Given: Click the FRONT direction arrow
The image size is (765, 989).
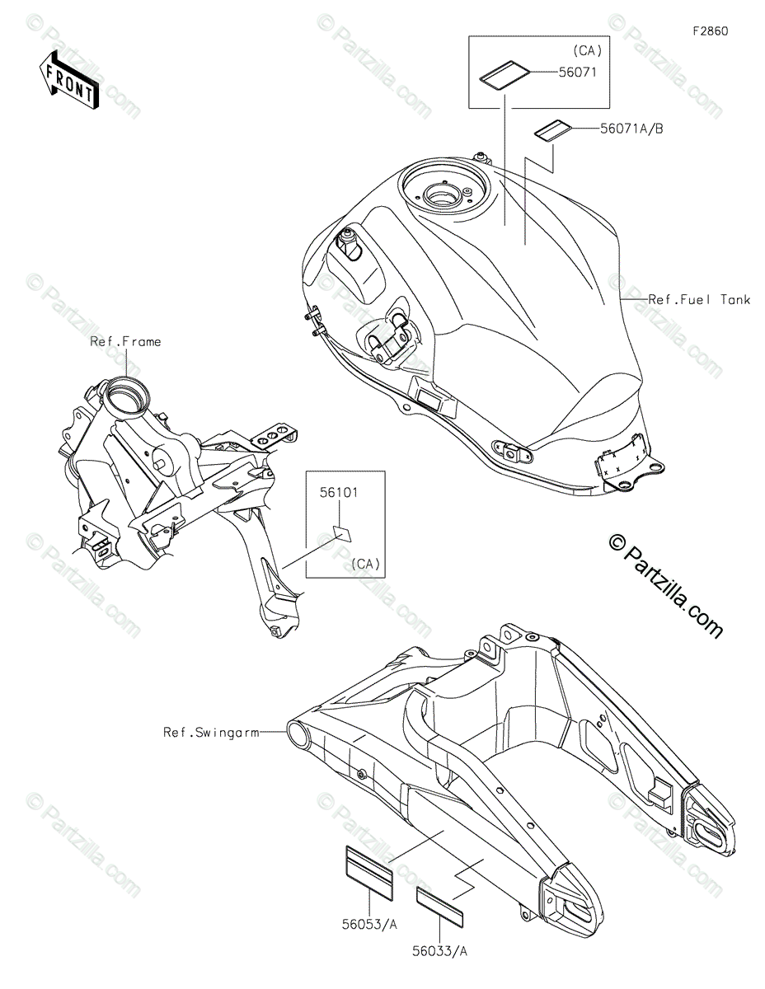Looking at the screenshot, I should tap(68, 78).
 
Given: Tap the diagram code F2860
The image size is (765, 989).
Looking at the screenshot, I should tap(710, 31).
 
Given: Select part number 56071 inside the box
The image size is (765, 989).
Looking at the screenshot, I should tap(576, 73).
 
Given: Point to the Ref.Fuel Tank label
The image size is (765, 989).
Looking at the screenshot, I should tap(699, 300).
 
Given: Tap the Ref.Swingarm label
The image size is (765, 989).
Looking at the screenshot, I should tap(210, 731).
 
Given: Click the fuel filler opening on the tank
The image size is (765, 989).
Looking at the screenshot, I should tap(445, 196).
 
